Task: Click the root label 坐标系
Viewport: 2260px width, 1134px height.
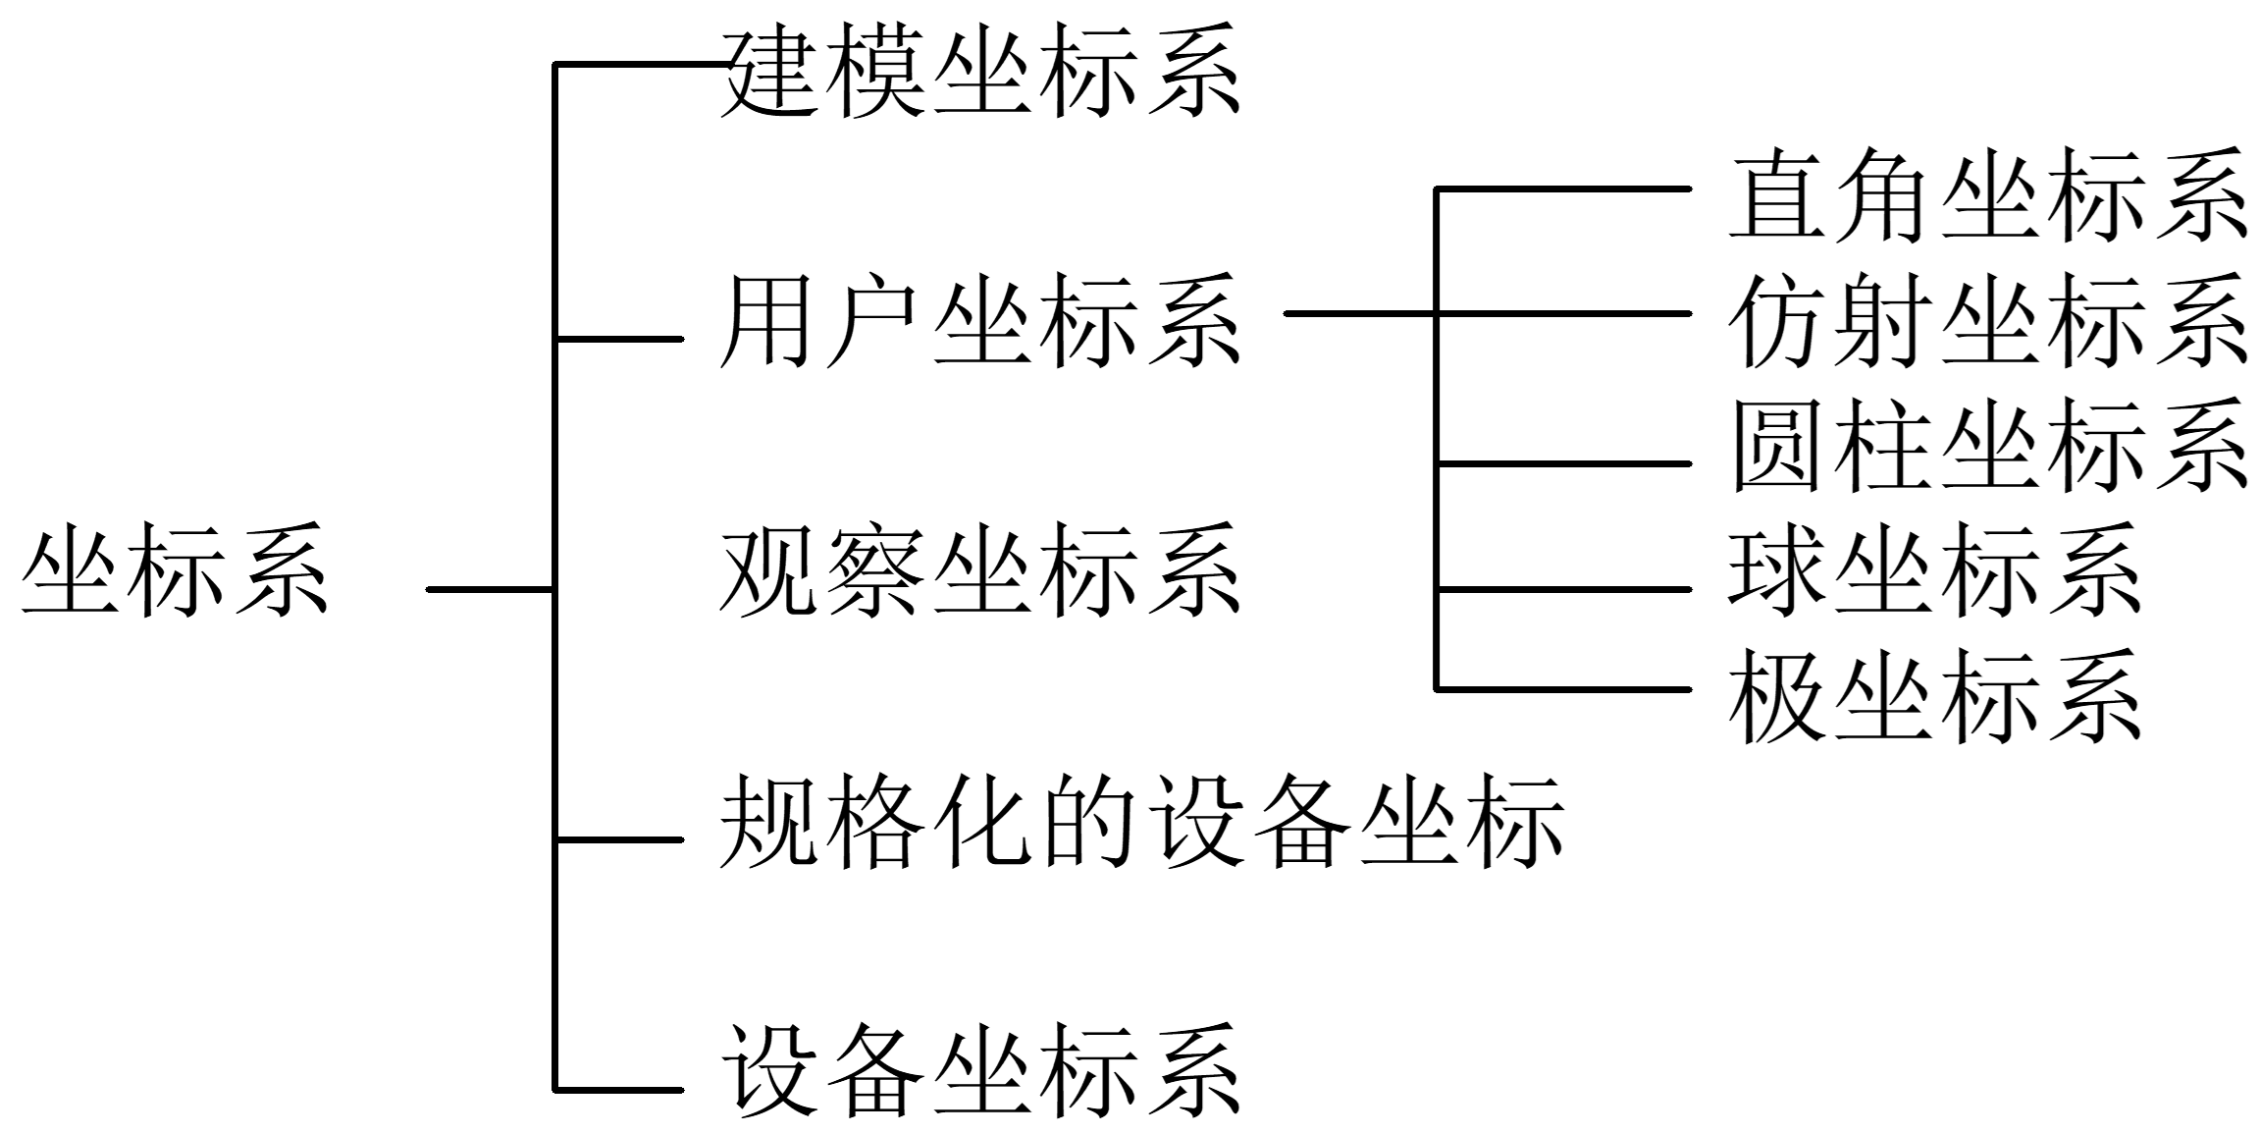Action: point(175,570)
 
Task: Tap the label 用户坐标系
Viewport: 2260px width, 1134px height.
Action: point(980,322)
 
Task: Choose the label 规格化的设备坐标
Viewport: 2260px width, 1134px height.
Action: point(1141,823)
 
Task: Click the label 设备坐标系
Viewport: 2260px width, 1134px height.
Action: point(980,1071)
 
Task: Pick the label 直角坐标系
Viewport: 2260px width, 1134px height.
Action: point(1988,196)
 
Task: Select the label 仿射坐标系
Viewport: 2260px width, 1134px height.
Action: point(1988,322)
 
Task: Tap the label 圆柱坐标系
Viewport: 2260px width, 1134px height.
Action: point(1988,447)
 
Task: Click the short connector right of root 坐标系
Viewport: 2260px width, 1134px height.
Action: point(491,589)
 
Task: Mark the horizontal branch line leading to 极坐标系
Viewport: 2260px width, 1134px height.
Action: point(1564,689)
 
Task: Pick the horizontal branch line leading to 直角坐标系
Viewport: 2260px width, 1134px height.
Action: point(1564,189)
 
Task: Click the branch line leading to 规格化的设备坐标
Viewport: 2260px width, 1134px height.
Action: point(619,839)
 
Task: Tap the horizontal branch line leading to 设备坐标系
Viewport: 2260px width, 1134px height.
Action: point(619,1090)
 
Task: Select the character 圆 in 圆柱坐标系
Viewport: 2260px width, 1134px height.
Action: point(1774,447)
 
